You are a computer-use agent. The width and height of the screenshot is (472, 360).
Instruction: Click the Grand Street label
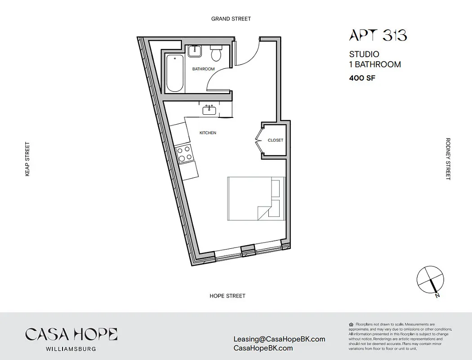231,19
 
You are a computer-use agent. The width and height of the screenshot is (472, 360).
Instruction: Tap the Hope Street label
227,296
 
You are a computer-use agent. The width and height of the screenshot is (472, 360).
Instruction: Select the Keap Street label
27,159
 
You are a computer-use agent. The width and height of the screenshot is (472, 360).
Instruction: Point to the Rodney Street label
448,159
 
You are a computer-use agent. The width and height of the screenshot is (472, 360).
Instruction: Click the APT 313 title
378,36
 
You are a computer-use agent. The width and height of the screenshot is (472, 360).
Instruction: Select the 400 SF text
362,78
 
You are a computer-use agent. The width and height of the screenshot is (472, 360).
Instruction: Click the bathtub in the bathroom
174,73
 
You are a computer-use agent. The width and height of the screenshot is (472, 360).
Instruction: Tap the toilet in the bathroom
217,53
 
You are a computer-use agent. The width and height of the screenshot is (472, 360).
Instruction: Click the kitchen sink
209,110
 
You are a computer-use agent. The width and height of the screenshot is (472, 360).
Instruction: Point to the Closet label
276,140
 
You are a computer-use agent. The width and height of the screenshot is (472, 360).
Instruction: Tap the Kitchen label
208,133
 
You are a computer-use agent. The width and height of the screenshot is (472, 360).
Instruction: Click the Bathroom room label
203,69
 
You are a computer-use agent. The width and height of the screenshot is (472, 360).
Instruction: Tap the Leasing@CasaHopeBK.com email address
279,339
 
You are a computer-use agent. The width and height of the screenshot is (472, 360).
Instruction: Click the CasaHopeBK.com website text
263,348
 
